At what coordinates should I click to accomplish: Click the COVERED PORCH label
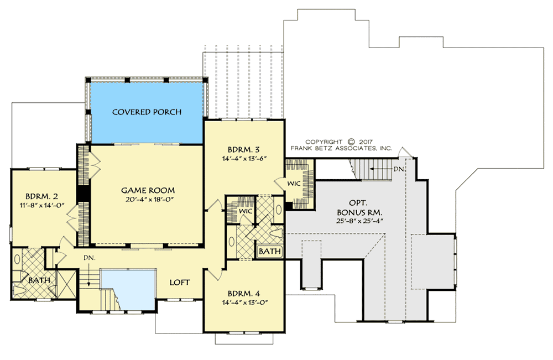point(147,112)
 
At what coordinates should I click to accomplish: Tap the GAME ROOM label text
point(148,190)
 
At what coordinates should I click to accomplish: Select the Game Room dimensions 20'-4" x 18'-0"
point(148,200)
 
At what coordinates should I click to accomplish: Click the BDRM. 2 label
point(41,196)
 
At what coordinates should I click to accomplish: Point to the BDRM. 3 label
point(244,150)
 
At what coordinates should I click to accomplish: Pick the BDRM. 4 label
point(244,294)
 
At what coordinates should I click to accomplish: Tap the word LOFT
point(180,283)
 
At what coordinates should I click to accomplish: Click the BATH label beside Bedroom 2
point(39,280)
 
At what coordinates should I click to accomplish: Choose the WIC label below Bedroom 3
point(246,211)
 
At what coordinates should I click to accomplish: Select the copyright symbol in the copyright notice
point(351,141)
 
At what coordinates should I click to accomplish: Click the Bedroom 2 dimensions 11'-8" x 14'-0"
point(41,206)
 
